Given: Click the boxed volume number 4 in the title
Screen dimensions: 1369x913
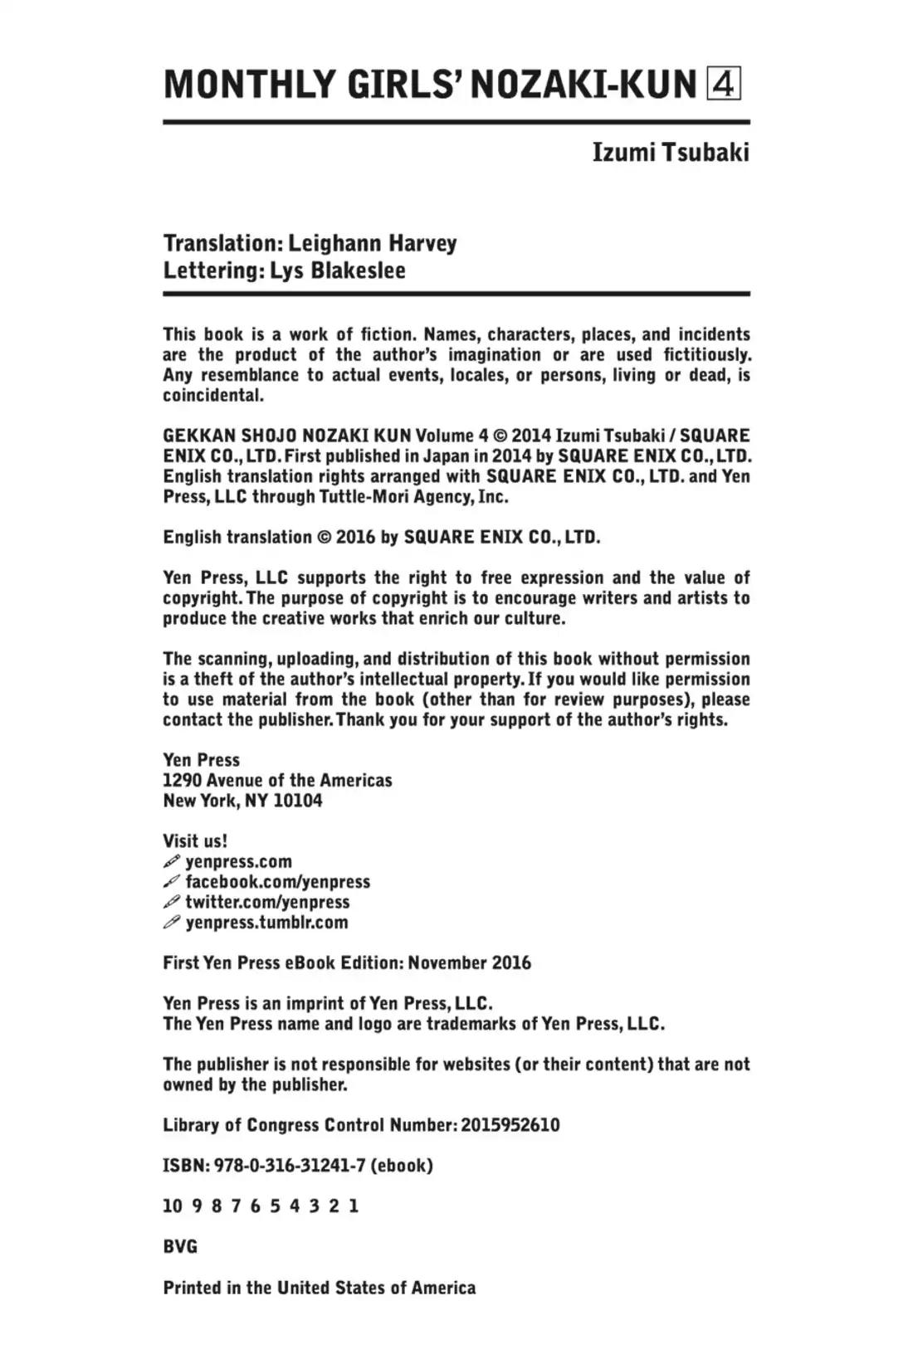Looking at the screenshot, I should (x=723, y=84).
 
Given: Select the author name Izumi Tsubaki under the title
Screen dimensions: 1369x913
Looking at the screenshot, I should (x=670, y=153).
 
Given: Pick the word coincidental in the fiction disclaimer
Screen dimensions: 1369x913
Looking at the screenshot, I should (x=213, y=395).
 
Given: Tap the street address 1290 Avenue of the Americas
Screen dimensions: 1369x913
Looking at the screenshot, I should (x=277, y=781).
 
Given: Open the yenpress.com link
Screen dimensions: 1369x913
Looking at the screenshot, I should (x=239, y=862).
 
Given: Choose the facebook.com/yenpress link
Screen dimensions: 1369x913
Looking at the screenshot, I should (x=278, y=882).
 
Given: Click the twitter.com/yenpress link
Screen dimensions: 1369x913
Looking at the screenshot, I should (x=267, y=902).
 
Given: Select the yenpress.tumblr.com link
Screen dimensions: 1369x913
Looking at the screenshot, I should (x=266, y=923).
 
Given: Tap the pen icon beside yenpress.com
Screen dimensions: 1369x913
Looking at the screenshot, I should (x=172, y=862).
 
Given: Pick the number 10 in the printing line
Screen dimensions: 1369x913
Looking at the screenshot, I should (x=172, y=1206).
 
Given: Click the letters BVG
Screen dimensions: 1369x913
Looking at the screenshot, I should (x=180, y=1246).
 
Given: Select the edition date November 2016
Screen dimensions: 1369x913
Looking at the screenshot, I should (x=469, y=963).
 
